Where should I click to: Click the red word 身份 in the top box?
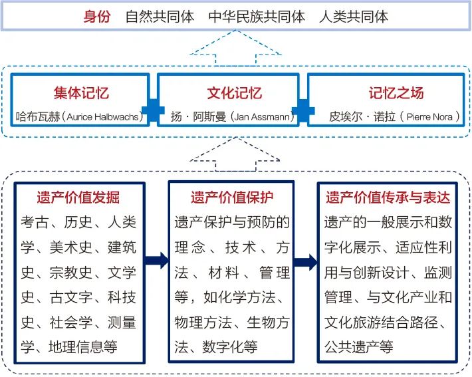(x=97, y=16)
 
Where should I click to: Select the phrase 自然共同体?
(x=160, y=16)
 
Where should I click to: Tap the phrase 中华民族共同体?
(x=257, y=16)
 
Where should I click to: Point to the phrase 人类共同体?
(x=354, y=16)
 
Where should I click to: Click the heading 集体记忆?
(x=81, y=92)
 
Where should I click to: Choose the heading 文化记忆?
(x=234, y=92)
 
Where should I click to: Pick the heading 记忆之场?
(x=396, y=92)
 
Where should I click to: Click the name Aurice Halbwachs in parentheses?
(x=102, y=116)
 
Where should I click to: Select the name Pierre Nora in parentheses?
(x=429, y=116)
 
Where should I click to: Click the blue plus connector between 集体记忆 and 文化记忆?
(x=153, y=110)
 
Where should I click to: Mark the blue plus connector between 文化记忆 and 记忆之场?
(x=303, y=110)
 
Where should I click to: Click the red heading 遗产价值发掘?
(x=78, y=197)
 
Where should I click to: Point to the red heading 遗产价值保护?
(x=232, y=197)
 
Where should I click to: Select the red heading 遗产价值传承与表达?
(x=388, y=197)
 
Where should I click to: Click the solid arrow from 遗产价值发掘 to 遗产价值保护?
(x=157, y=261)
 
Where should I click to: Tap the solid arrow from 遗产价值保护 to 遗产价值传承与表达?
(x=306, y=262)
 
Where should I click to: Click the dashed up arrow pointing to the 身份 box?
(x=236, y=47)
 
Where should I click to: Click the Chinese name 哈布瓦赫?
(x=38, y=116)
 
